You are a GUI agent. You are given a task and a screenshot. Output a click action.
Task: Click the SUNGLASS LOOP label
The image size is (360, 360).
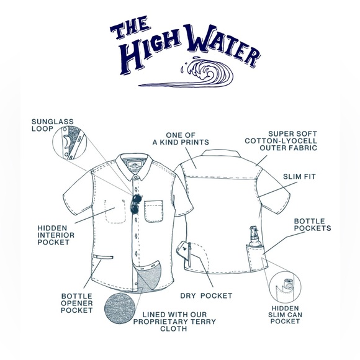tap(48, 125)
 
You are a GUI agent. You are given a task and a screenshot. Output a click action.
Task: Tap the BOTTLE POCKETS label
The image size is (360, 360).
tap(312, 224)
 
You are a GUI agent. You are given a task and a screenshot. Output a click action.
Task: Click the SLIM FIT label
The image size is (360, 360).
tap(300, 177)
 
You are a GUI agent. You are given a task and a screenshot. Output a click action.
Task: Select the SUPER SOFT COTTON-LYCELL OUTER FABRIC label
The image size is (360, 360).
tap(292, 141)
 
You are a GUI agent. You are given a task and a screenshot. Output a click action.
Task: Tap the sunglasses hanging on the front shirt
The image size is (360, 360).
tap(135, 204)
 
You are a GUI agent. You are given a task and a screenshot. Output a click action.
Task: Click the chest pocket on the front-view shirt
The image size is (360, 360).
tap(152, 211)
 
